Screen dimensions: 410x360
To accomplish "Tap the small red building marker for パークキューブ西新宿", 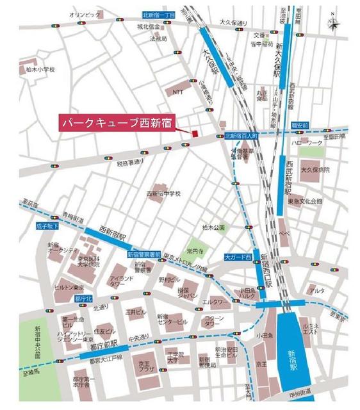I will pos(192,133).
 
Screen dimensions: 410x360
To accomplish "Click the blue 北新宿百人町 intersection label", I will pos(240,136).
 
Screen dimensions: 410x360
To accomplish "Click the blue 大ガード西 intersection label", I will pos(237,257).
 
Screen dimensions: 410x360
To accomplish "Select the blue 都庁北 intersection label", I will pos(85,299).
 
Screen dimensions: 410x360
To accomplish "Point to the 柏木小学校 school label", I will pos(37,69).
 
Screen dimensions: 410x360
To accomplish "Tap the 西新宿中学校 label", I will pos(164,194).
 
